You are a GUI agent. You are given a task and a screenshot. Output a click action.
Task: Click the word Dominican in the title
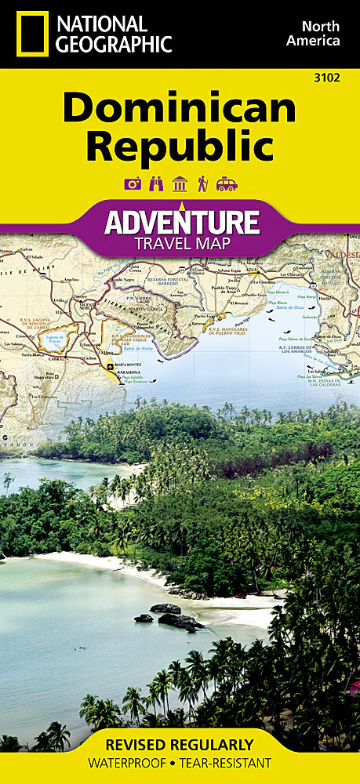point(180,107)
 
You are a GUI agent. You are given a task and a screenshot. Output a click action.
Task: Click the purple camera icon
point(133,184)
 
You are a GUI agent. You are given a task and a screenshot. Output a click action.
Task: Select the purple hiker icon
point(202,184)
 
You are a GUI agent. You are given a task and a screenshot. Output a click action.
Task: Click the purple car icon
point(226,184)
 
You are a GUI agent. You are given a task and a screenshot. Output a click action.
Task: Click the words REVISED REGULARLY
point(180,744)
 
